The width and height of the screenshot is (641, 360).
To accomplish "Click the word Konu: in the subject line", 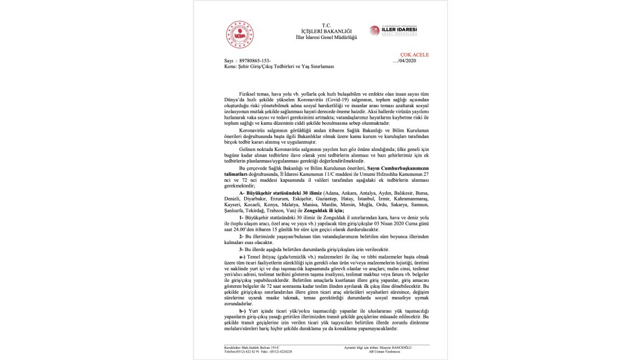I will click(230, 66).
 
